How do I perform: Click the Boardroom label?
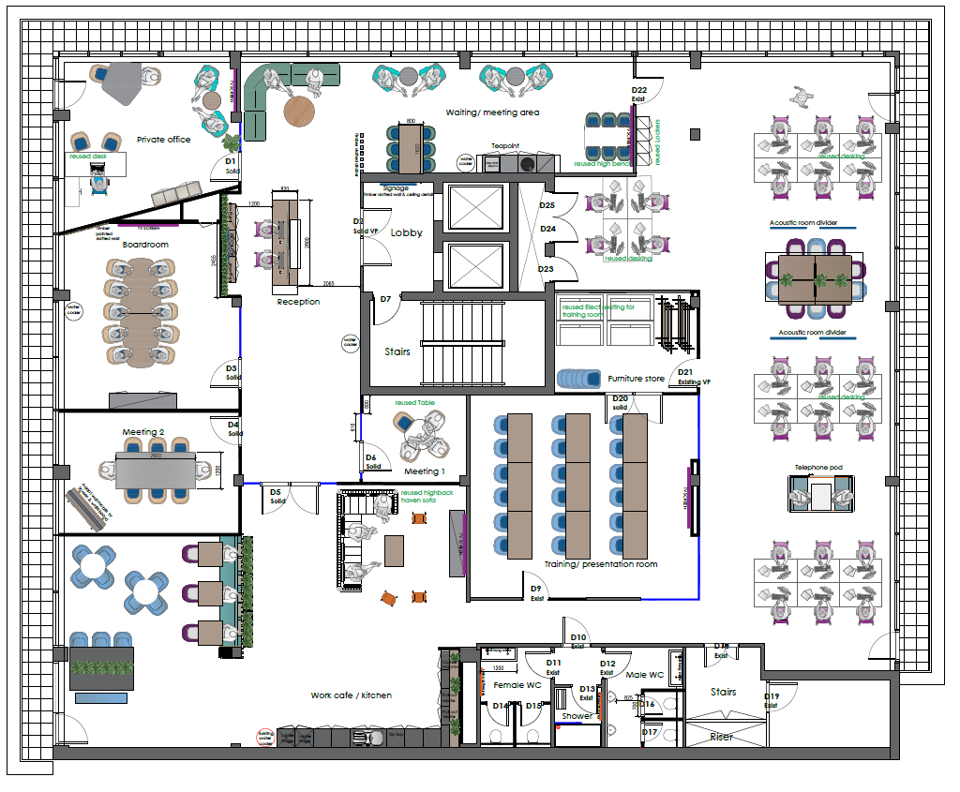pos(145,245)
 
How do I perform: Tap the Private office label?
pos(163,140)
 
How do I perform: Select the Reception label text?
pos(298,302)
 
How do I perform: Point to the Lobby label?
pos(406,232)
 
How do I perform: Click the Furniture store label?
pos(636,379)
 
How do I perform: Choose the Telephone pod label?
pos(819,466)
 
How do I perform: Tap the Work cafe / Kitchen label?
pos(351,695)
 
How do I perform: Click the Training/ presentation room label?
pos(601,564)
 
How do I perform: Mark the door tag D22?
pos(639,90)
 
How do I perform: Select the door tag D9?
pos(536,589)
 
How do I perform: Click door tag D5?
pos(276,492)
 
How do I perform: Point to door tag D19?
pos(772,696)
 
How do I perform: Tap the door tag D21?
pos(685,372)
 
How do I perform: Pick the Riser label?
pos(722,737)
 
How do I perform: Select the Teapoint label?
pos(506,147)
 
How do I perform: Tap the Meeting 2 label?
pos(143,432)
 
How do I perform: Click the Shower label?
pos(577,716)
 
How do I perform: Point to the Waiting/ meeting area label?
pos(492,112)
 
